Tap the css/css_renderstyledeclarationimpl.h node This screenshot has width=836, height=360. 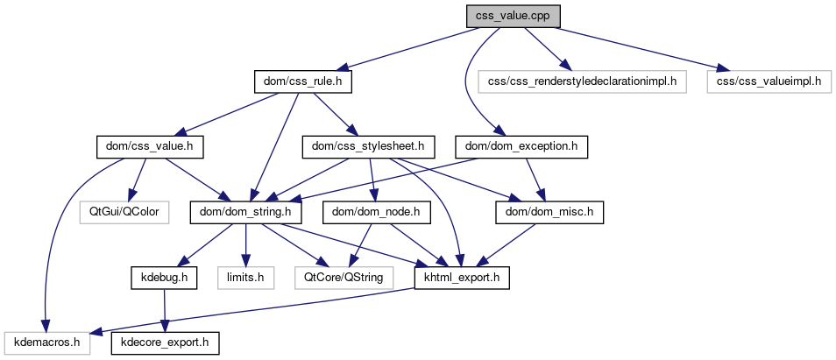point(583,82)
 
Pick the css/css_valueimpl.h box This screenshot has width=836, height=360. point(769,82)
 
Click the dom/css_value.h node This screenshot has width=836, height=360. point(148,147)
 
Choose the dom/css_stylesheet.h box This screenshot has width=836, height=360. point(368,147)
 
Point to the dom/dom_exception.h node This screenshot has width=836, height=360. point(521,147)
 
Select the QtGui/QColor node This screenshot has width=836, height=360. point(124,212)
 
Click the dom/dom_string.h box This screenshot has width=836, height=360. point(247,212)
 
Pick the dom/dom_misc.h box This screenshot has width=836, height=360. point(550,212)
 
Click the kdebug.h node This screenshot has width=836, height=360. point(165,277)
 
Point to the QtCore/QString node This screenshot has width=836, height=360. point(344,277)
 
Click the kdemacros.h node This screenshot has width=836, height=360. point(47,342)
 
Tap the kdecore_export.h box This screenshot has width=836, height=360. point(164,342)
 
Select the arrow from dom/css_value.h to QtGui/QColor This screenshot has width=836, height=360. point(136,180)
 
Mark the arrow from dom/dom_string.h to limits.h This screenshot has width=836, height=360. point(247,244)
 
